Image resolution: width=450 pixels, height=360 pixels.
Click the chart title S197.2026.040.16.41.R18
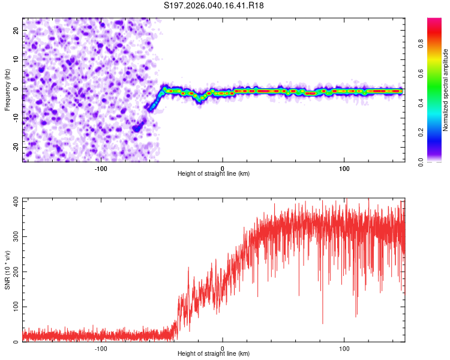coord(214,5)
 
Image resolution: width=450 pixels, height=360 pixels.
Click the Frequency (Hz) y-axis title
coord(7,90)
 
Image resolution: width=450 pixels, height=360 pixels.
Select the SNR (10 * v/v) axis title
coord(7,270)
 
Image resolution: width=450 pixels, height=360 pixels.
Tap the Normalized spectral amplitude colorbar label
coord(445,90)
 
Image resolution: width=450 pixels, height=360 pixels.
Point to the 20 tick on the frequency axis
coord(16,30)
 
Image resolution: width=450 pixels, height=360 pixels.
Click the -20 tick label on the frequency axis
coord(16,147)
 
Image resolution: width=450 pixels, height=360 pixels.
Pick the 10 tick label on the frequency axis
coord(16,59)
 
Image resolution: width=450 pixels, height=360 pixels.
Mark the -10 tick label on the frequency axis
coord(16,118)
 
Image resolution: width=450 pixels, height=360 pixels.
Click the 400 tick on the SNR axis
coord(16,201)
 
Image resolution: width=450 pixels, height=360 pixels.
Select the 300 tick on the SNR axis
coord(16,236)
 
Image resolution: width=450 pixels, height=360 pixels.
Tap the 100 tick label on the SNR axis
coord(16,307)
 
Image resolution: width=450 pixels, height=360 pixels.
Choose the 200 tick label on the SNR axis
coord(16,272)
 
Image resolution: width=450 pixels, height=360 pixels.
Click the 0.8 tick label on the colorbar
coord(421,44)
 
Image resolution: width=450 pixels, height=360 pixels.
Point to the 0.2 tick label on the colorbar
coord(421,133)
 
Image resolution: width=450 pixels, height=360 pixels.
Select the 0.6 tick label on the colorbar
coord(421,73)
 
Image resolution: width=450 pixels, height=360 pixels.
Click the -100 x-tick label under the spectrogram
coord(101,169)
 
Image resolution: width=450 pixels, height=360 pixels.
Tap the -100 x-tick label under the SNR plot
coord(101,349)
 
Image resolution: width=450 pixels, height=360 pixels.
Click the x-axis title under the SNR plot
coord(214,353)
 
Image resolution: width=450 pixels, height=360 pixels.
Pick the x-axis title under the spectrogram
coord(214,173)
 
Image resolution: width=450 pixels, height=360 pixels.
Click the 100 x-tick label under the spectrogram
coord(344,169)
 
